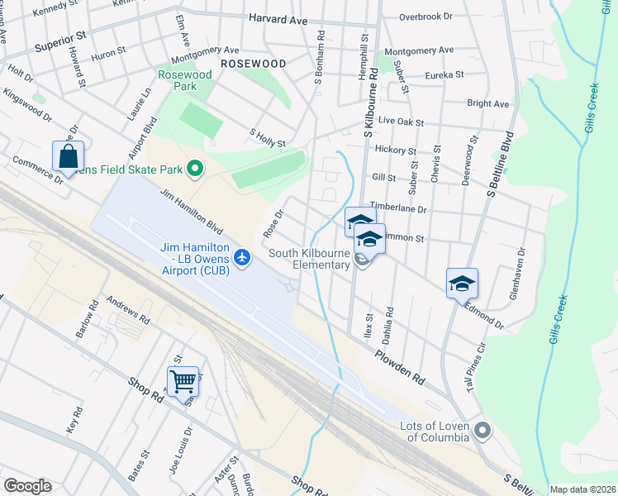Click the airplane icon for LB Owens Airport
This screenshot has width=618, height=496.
tap(242, 258)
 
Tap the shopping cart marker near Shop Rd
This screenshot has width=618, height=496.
tap(183, 381)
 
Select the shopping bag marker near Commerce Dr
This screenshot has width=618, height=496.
tap(68, 155)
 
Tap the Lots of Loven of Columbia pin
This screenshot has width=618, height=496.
tap(483, 431)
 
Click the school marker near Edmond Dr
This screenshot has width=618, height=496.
tap(462, 284)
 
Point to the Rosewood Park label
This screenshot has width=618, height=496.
tap(185, 80)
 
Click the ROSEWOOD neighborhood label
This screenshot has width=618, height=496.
tap(253, 64)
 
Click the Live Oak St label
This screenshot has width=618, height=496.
tap(400, 122)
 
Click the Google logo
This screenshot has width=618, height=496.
tap(27, 486)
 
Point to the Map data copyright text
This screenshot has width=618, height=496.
tap(582, 489)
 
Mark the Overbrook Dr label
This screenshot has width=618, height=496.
tap(425, 16)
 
